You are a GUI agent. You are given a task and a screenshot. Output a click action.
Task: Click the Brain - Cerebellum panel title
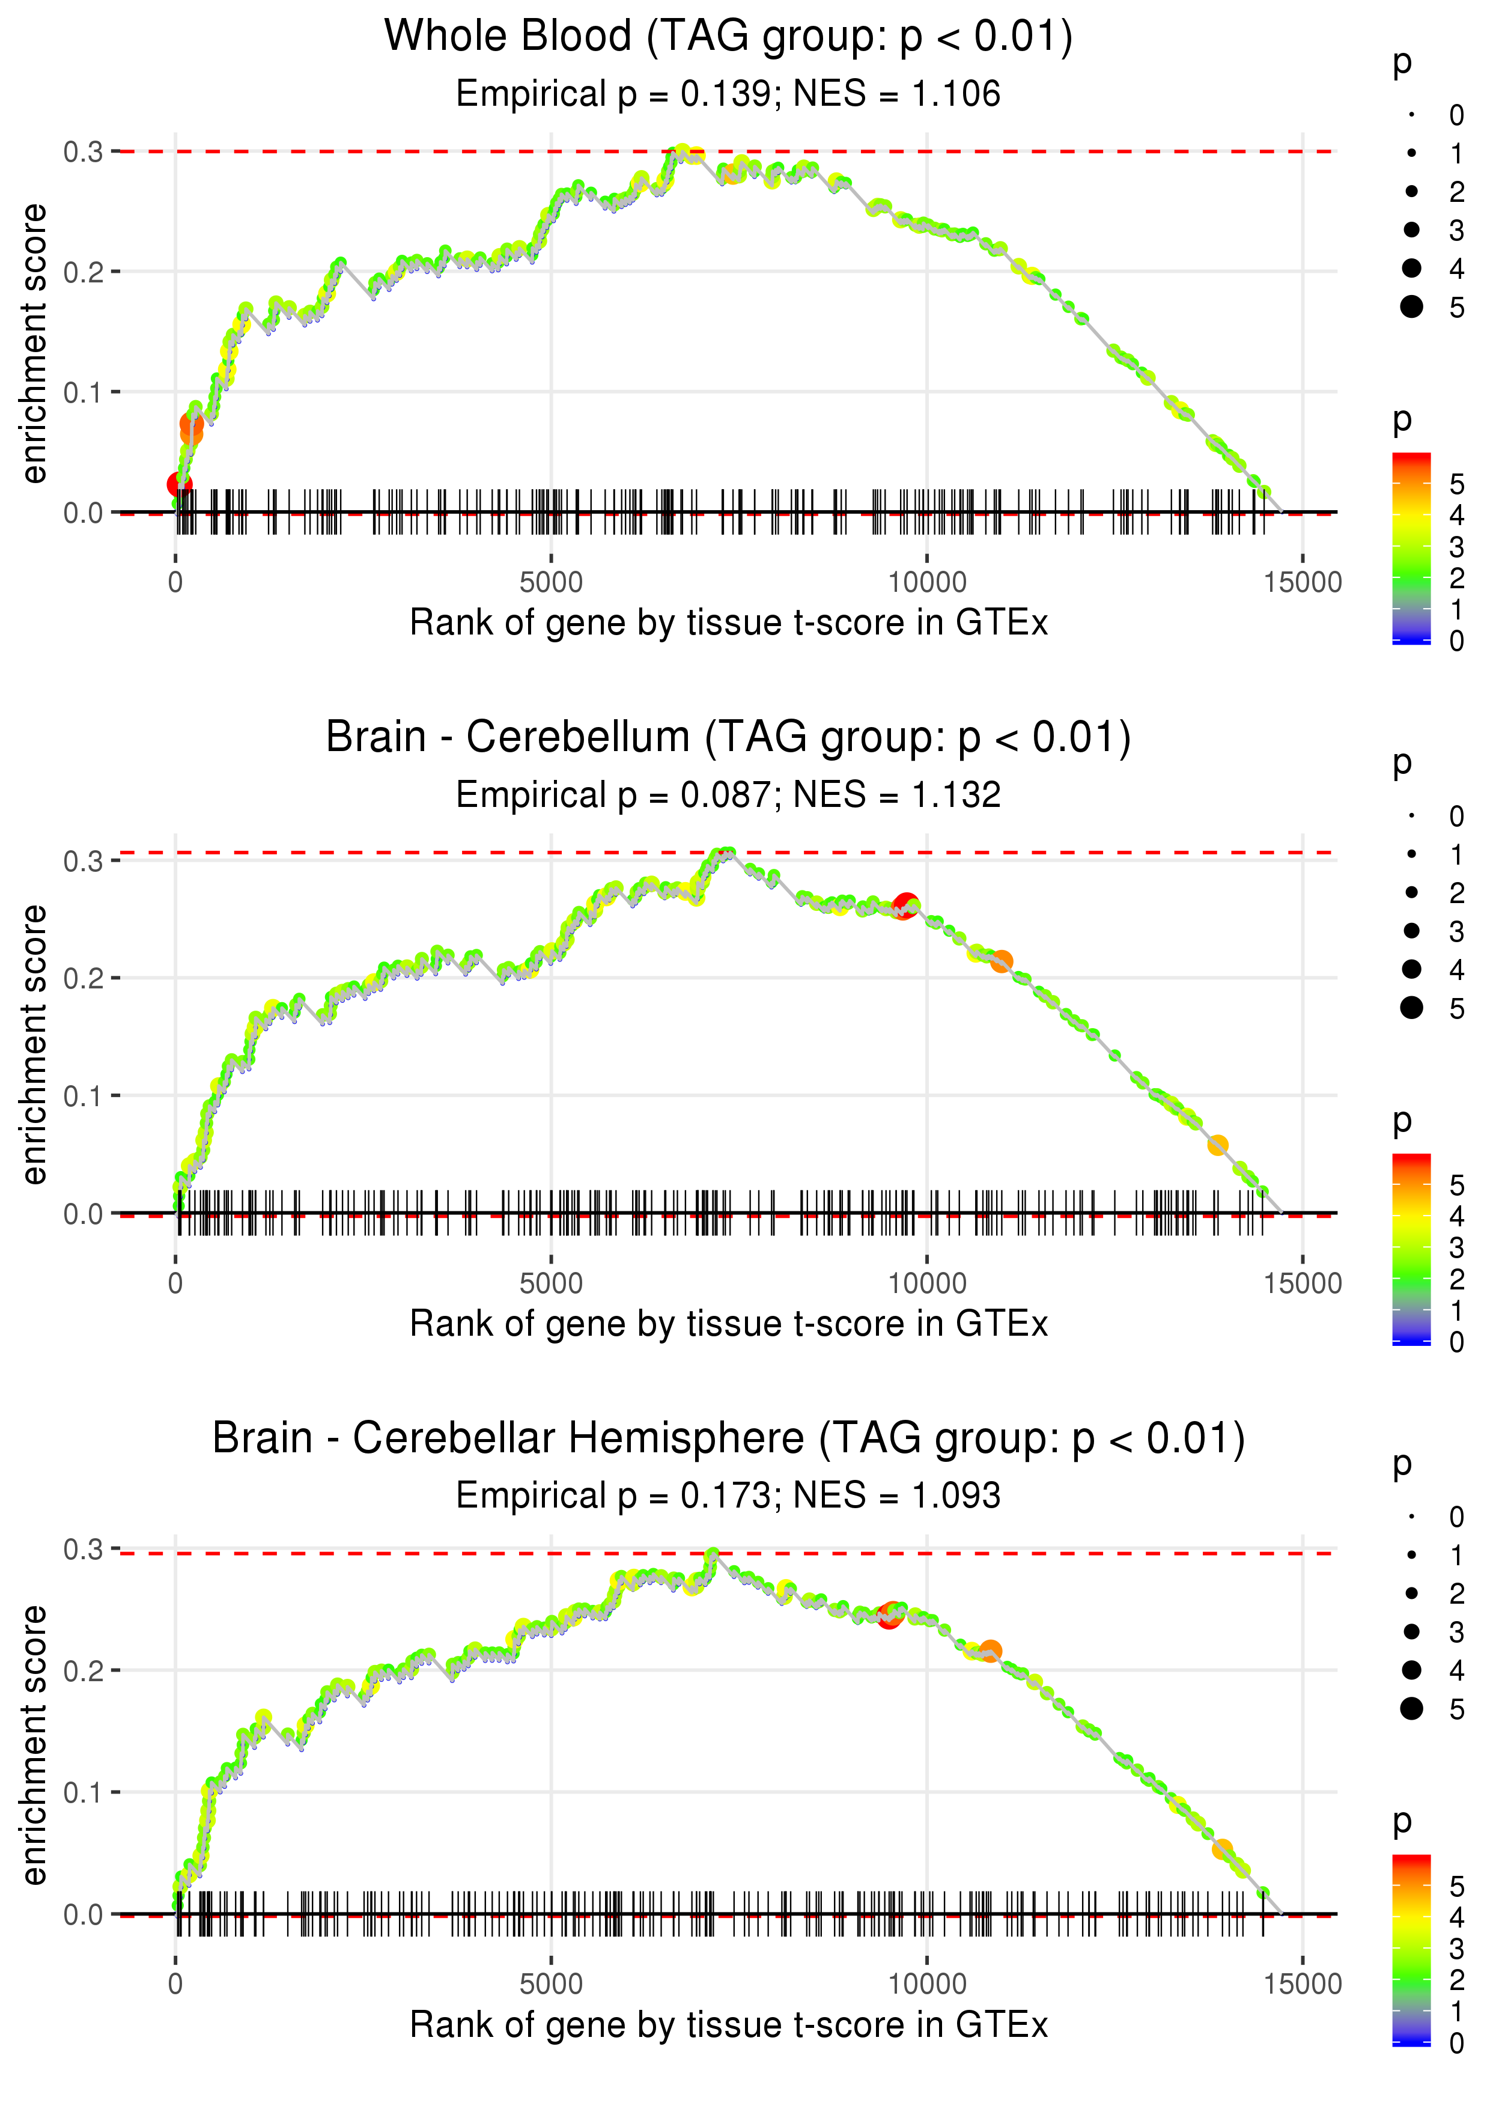(x=728, y=738)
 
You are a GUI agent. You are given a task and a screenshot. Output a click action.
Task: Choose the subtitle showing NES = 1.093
(x=728, y=1496)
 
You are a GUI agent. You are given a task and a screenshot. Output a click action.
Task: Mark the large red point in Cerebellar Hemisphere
(x=889, y=1616)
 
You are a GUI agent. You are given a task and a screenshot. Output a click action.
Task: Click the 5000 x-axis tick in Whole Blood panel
(x=551, y=583)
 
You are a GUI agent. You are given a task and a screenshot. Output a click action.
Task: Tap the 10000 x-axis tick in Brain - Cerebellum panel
(x=926, y=1283)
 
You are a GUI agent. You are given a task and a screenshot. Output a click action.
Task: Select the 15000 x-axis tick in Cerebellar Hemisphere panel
(x=1302, y=1985)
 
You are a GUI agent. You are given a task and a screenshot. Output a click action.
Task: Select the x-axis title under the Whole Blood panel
(x=728, y=623)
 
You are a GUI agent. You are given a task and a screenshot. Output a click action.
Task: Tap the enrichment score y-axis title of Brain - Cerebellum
(x=34, y=1044)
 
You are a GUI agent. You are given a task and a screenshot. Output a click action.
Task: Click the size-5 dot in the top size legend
(x=1411, y=306)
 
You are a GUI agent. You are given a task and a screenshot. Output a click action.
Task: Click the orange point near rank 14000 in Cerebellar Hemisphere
(x=1222, y=1849)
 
